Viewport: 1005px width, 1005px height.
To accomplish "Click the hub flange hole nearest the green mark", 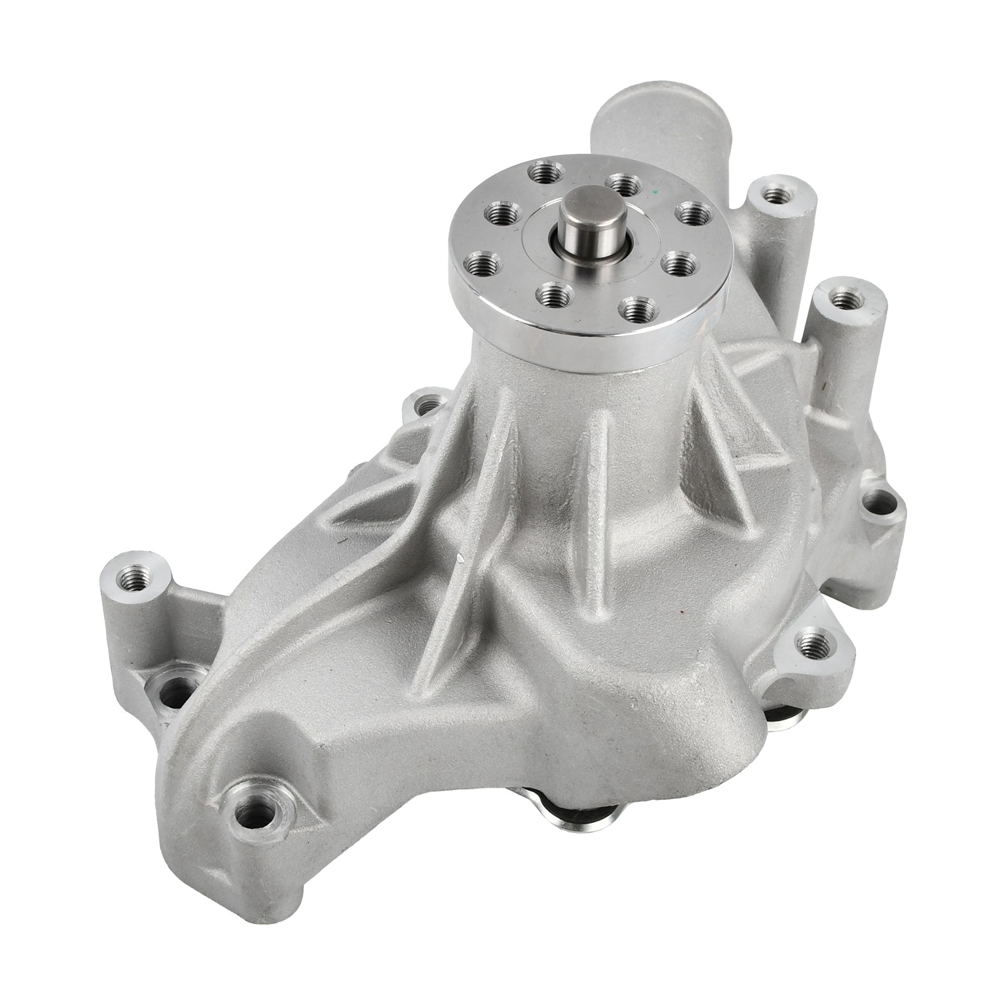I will [692, 214].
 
